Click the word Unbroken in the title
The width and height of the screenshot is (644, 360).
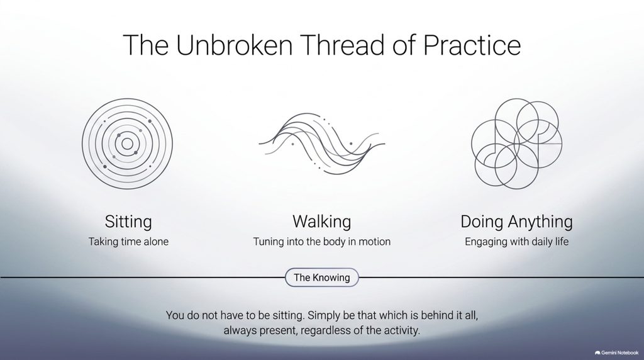pyautogui.click(x=234, y=45)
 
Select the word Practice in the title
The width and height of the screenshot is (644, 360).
pyautogui.click(x=472, y=45)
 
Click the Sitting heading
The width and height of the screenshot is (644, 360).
pyautogui.click(x=128, y=222)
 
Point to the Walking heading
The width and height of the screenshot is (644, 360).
pyautogui.click(x=321, y=222)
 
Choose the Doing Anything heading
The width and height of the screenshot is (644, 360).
pyautogui.click(x=516, y=222)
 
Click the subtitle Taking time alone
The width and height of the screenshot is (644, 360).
pyautogui.click(x=128, y=242)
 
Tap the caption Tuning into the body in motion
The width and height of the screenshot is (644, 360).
pyautogui.click(x=321, y=242)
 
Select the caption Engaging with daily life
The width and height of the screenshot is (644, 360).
pyautogui.click(x=516, y=242)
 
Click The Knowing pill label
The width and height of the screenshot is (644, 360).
pyautogui.click(x=321, y=278)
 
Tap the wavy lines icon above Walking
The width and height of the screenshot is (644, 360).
pyautogui.click(x=321, y=144)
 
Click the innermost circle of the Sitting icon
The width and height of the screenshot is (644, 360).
pyautogui.click(x=127, y=138)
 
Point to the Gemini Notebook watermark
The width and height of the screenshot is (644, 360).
pyautogui.click(x=616, y=352)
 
